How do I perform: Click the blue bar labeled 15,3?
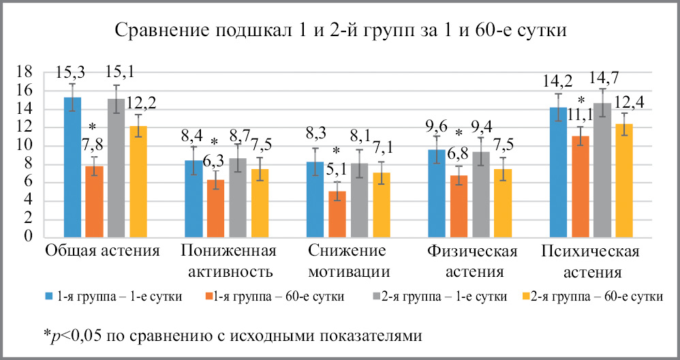pos(72,167)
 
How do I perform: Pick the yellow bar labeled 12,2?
pos(138,181)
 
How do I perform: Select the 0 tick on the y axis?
pos(29,237)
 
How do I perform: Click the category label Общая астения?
pos(102,251)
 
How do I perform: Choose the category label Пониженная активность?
pos(228,261)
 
